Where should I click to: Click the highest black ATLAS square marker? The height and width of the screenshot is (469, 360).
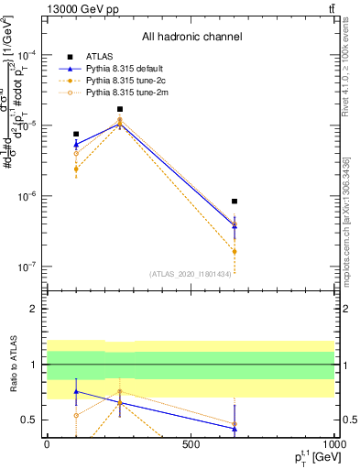point(119,109)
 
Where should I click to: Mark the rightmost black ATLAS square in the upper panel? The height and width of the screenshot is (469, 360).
point(235,202)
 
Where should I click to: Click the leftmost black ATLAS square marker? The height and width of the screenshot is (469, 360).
point(76,134)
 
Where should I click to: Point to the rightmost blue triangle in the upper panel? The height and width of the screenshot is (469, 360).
point(235,224)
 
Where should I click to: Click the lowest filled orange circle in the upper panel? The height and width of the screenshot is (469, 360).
point(235,251)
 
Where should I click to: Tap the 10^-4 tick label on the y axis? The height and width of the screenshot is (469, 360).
point(27,54)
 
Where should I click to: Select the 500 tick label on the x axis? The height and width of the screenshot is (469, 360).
point(191,443)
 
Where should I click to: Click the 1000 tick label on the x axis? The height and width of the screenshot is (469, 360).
point(333,443)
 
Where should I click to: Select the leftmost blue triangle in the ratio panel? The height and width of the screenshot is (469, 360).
point(76,391)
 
